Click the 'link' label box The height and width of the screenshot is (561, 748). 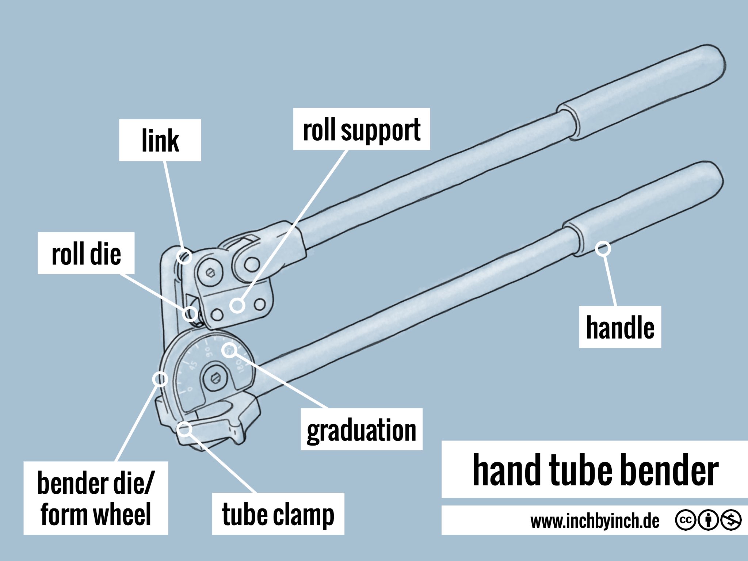[x=160, y=140]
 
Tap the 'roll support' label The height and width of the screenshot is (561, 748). [x=362, y=129]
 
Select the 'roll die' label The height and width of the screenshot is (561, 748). [x=86, y=253]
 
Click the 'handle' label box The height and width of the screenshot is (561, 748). [x=620, y=327]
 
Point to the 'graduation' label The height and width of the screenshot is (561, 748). [x=361, y=430]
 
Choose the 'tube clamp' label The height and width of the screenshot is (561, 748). [x=278, y=514]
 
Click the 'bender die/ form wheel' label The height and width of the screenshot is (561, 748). [x=96, y=498]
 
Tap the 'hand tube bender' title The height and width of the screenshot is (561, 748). [x=595, y=470]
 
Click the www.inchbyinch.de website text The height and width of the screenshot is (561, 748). [x=595, y=521]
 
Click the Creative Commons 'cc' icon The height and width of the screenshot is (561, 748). [x=686, y=520]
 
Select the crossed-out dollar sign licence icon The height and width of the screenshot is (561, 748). [x=731, y=520]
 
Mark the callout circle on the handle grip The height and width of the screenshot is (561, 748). [x=603, y=249]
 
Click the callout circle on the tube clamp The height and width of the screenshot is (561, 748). [x=184, y=428]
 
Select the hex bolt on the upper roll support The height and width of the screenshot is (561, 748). [x=210, y=272]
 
